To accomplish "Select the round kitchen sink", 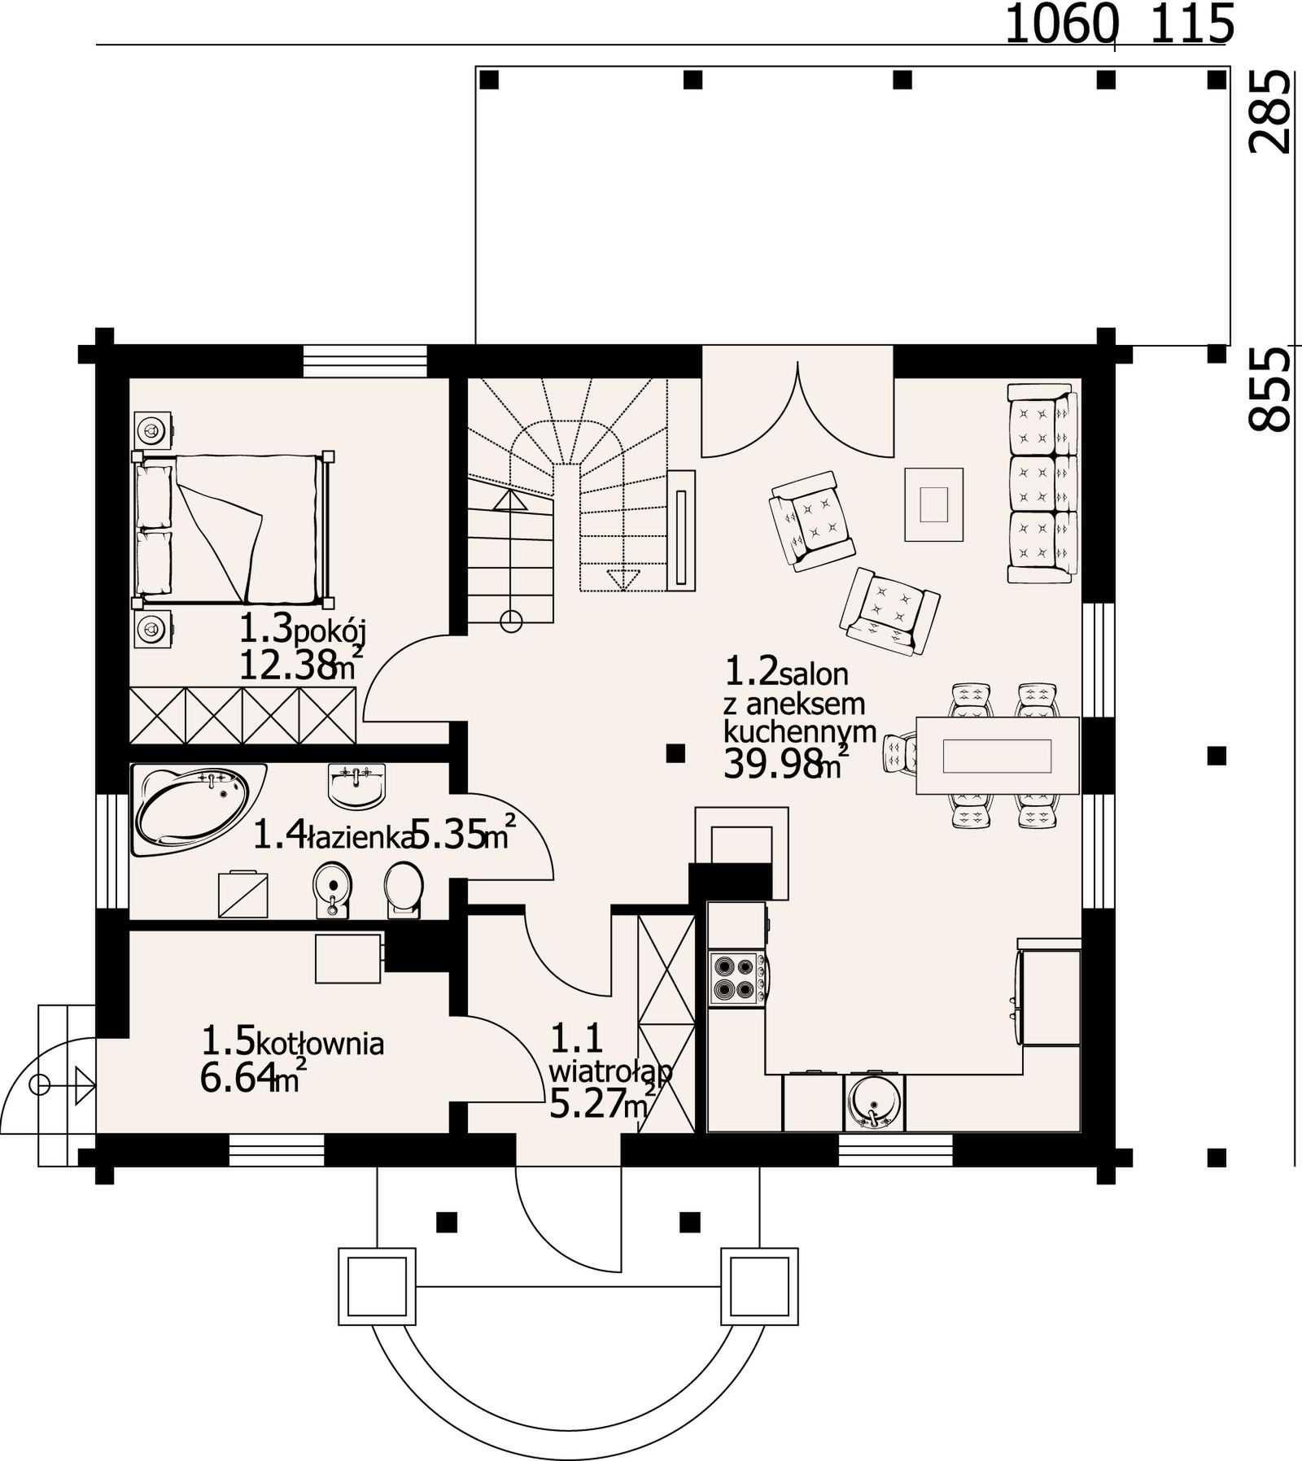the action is point(874,1104).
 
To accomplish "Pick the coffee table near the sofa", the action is point(933,504).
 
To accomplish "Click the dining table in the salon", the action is point(998,756).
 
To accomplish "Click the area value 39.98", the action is point(772,765).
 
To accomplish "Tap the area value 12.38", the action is point(288,665).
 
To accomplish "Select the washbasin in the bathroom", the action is point(356,787).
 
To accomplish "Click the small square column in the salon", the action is point(675,754).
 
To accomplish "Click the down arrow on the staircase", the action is point(623,579).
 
